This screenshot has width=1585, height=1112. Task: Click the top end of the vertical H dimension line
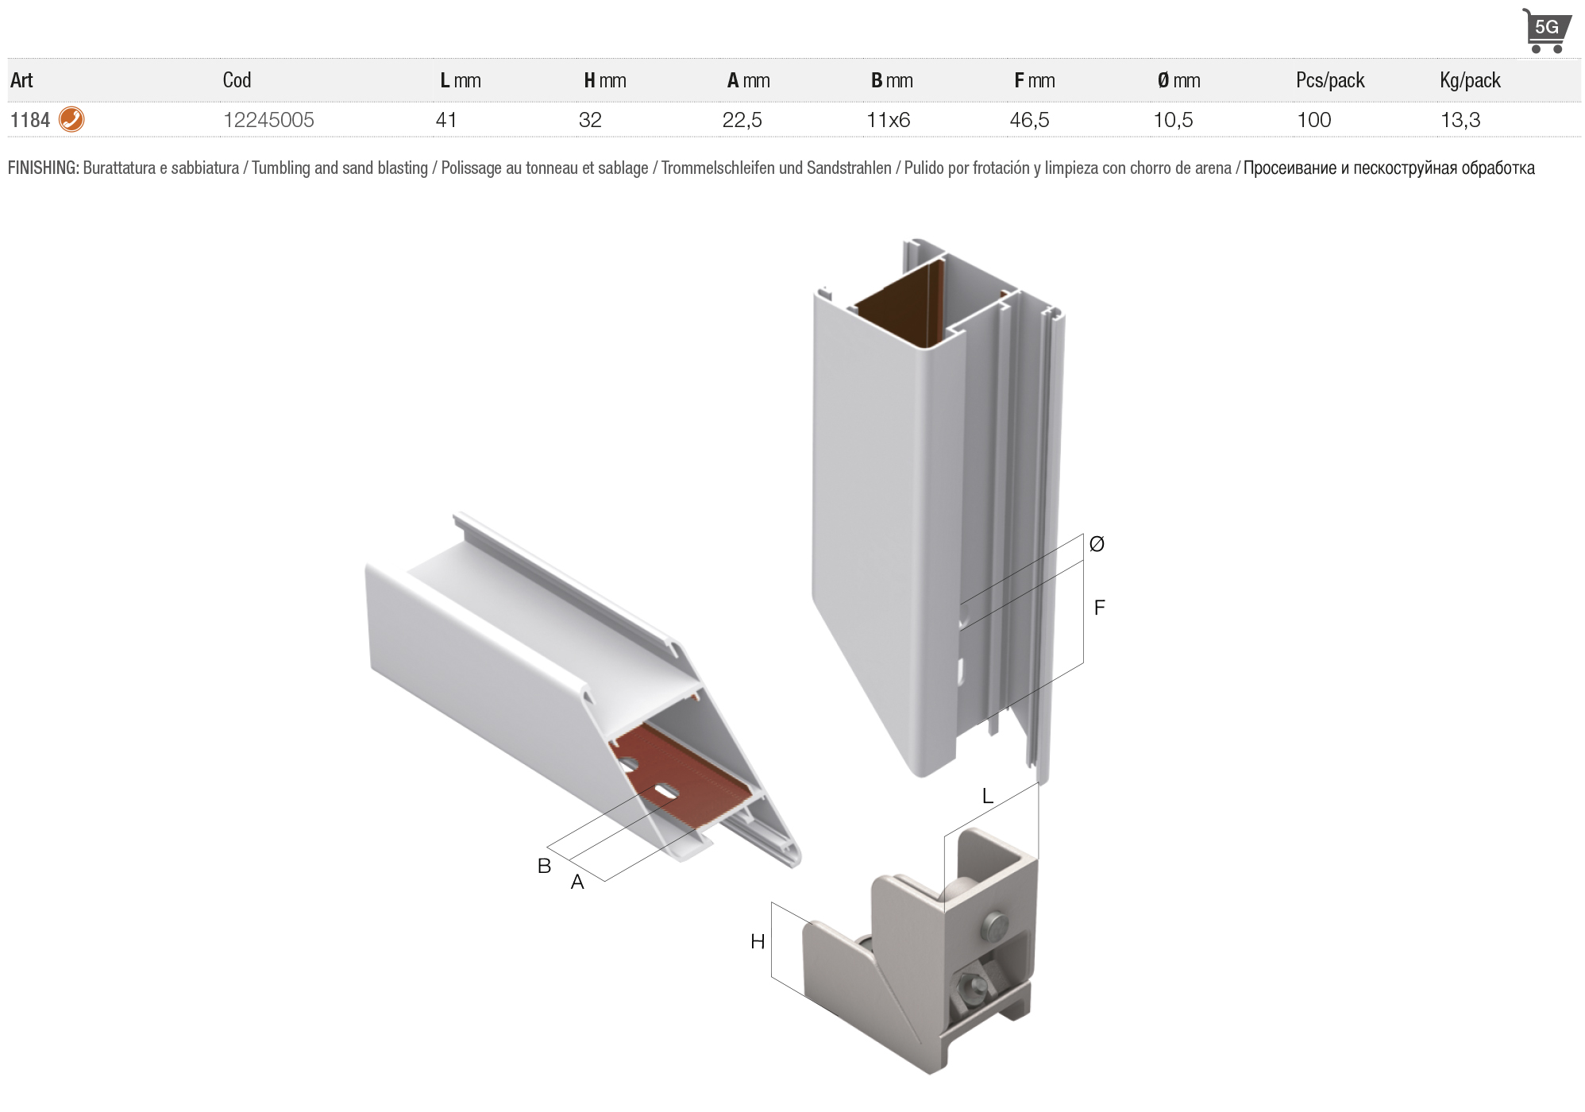coord(772,902)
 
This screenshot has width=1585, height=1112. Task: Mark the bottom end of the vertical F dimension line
coord(1083,664)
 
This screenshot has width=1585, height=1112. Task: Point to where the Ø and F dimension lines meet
coord(1083,561)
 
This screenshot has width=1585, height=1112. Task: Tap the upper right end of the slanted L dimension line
coord(1038,783)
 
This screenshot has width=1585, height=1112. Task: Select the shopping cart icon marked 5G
coord(1545,31)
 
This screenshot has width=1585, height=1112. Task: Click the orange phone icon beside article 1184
coord(71,119)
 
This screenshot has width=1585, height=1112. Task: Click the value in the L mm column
coord(446,120)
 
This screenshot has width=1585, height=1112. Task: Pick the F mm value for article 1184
coord(1029,120)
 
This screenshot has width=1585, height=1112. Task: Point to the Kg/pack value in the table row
coord(1460,120)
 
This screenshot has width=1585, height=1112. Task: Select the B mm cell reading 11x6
coord(888,120)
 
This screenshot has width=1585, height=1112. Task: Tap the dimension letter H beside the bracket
coord(758,941)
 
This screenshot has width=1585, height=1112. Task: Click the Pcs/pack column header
coord(1330,80)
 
